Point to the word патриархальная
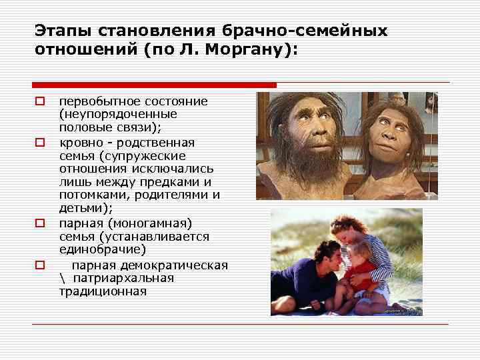coord(123,278)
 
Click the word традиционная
coord(103,291)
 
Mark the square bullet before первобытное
coord(39,102)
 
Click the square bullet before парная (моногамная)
coord(39,223)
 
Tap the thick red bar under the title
coord(154,85)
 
